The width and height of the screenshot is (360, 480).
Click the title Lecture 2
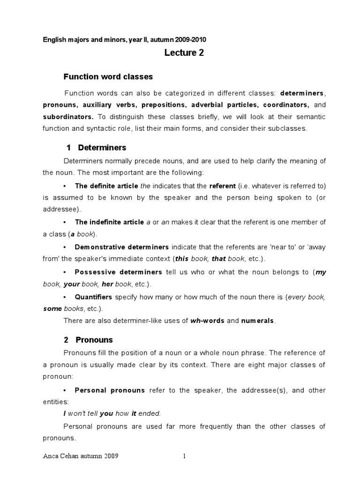pos(184,53)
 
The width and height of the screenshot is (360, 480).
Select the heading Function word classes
pos(108,76)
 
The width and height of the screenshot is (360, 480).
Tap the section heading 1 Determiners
pos(97,148)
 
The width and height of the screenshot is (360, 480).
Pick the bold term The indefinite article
pos(109,222)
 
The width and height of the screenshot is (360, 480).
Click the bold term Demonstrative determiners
pos(122,247)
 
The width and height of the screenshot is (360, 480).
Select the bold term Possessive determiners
pos(119,272)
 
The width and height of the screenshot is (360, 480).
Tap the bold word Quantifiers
pos(94,297)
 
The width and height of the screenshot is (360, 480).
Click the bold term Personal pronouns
pos(110,390)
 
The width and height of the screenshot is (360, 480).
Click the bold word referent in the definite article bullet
pos(223,186)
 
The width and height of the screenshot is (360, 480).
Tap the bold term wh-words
pos(207,321)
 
